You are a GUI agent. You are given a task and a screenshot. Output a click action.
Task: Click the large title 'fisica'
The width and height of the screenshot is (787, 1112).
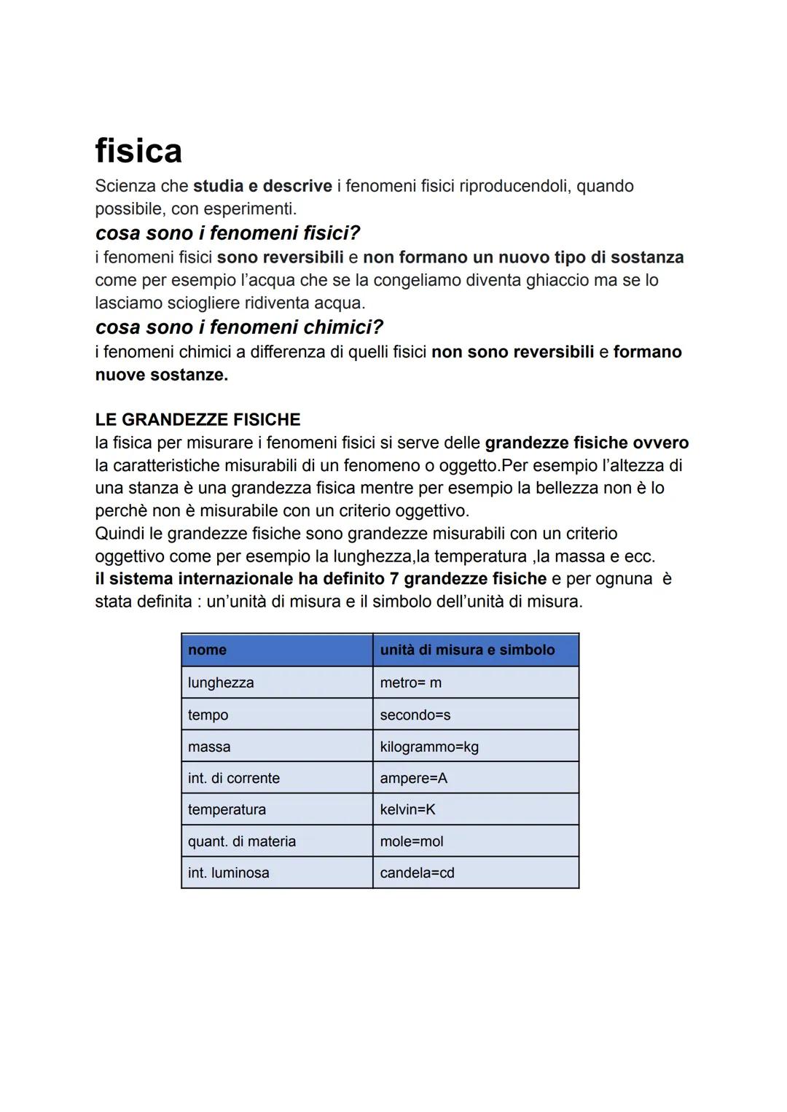click(x=138, y=151)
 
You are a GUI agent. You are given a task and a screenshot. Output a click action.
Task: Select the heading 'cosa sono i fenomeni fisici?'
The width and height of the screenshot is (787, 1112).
click(x=227, y=233)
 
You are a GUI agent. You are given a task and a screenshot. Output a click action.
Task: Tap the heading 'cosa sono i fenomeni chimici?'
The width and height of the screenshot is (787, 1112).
click(x=239, y=327)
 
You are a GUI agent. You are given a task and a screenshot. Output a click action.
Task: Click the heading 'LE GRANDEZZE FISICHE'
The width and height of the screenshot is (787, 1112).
click(x=197, y=420)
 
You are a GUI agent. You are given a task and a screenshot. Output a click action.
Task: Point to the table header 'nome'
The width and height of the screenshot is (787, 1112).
click(x=207, y=650)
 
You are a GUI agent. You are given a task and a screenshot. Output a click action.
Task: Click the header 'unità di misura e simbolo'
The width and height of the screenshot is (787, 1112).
click(x=467, y=650)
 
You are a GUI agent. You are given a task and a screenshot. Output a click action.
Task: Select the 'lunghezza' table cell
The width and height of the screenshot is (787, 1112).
click(x=221, y=683)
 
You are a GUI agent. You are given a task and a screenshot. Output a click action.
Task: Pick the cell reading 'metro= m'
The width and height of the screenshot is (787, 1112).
click(x=410, y=683)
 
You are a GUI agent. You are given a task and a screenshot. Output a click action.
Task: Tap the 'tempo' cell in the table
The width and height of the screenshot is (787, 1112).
click(x=208, y=715)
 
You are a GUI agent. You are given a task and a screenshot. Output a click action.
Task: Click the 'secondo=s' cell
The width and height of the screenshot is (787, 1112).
click(x=415, y=715)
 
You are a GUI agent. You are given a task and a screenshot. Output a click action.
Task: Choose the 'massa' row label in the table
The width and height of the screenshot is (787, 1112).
click(x=208, y=747)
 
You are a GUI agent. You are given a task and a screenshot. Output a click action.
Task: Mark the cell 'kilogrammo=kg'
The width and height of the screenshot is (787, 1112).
click(x=429, y=747)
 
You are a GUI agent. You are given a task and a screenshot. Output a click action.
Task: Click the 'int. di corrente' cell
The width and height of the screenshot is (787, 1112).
click(x=233, y=778)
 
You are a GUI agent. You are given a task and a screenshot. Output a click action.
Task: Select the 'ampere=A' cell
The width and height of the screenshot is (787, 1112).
click(x=413, y=778)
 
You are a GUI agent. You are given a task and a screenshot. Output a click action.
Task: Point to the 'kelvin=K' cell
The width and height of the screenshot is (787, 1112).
click(x=407, y=809)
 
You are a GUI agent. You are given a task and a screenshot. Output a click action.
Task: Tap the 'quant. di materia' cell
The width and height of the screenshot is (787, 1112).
click(x=241, y=841)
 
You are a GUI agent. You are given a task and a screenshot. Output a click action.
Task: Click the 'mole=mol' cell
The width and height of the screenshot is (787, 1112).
click(x=411, y=841)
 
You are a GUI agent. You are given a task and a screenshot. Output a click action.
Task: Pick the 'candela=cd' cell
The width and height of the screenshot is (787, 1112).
click(x=417, y=873)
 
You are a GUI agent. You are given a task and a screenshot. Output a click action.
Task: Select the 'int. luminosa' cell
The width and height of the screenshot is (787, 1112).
click(x=228, y=873)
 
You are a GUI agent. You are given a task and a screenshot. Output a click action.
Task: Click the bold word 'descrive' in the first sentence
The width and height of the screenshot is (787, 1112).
click(x=297, y=186)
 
